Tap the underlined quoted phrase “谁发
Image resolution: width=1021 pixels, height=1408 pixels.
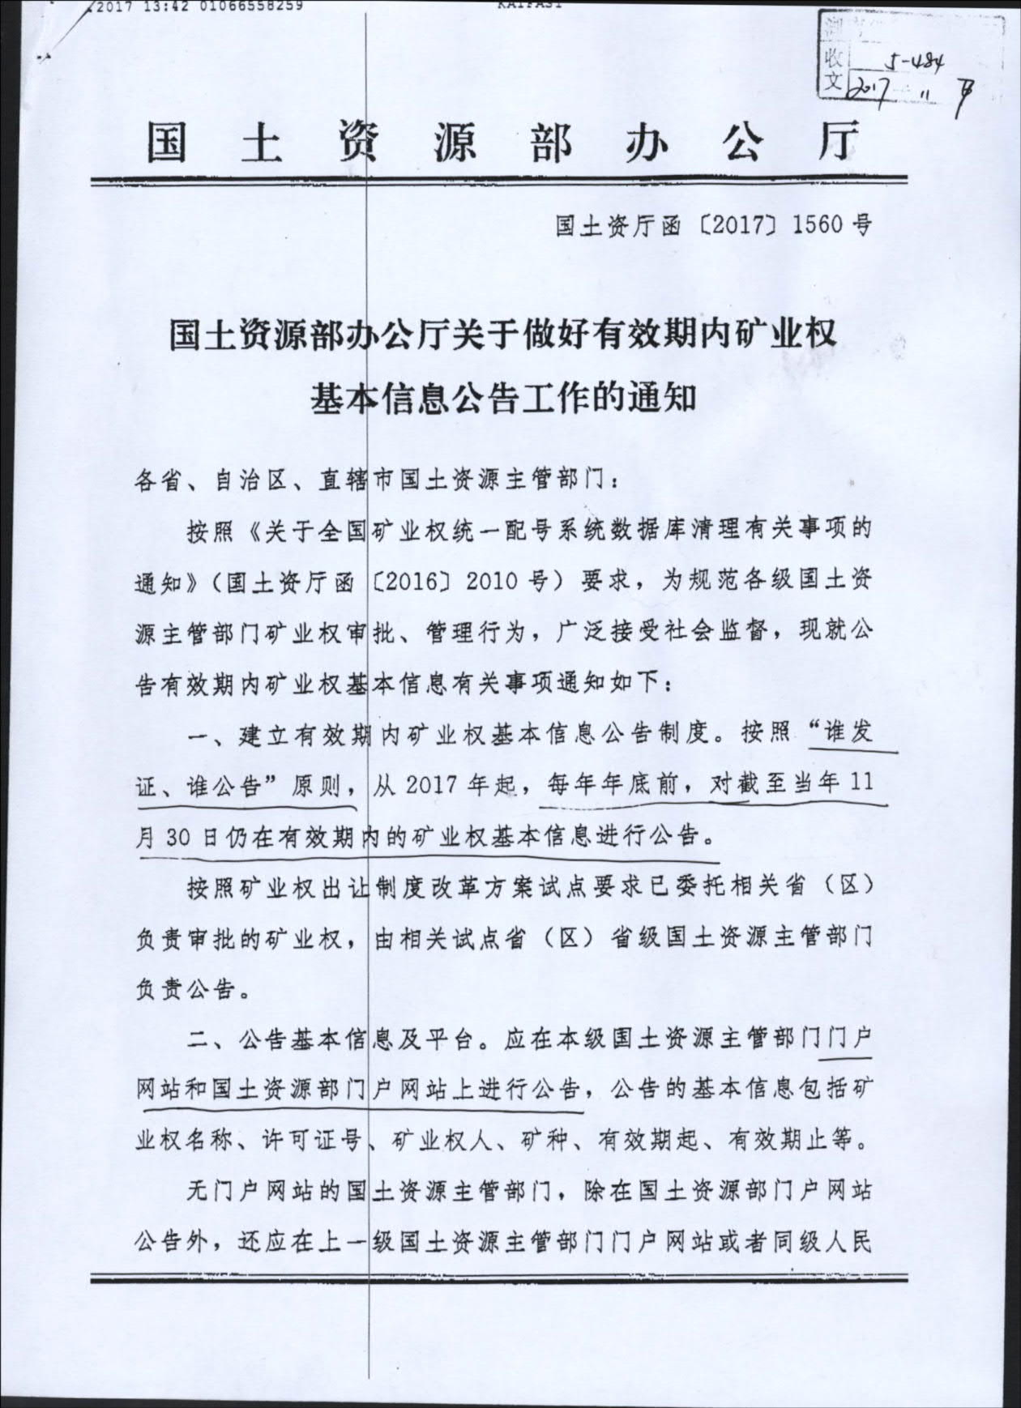(843, 733)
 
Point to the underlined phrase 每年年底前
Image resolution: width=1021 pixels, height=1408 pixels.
(612, 784)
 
